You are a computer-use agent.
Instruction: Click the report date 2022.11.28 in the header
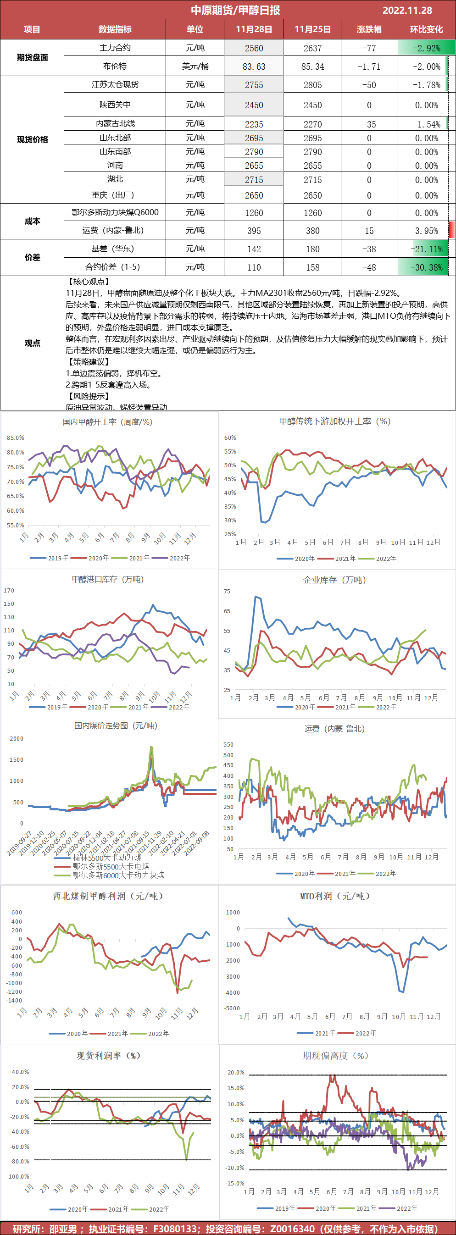(407, 10)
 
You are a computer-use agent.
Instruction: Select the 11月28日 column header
(254, 29)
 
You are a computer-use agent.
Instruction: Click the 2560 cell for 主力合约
(254, 48)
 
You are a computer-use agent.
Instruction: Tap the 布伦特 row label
(115, 66)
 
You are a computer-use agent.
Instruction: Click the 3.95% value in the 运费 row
(426, 231)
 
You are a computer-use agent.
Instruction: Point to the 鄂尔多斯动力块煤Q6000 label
(115, 212)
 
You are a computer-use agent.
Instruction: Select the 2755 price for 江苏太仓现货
(254, 85)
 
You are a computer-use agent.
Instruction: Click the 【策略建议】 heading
(88, 362)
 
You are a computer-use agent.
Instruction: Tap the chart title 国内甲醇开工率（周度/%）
(107, 422)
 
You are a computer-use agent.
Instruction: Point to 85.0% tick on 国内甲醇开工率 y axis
(15, 438)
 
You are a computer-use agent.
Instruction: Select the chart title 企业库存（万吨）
(335, 580)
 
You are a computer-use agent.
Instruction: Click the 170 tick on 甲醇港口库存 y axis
(9, 591)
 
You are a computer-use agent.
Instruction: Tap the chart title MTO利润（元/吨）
(335, 896)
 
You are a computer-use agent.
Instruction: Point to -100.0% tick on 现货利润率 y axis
(18, 1176)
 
